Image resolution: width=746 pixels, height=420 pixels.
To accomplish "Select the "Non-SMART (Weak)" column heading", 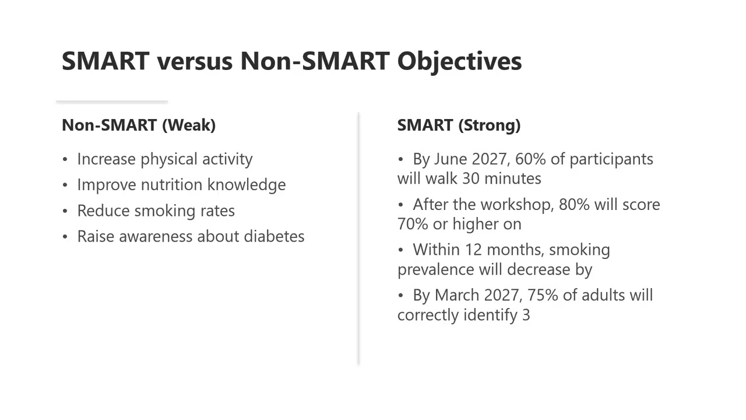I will (139, 125).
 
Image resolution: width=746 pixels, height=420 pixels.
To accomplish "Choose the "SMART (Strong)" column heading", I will (459, 125).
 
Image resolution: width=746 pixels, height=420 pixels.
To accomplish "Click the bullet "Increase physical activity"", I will (165, 159).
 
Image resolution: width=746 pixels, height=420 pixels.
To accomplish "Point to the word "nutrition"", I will (170, 185).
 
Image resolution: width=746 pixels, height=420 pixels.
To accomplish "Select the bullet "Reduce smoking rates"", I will (156, 211).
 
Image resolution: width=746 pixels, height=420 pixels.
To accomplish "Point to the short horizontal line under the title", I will (112, 102).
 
